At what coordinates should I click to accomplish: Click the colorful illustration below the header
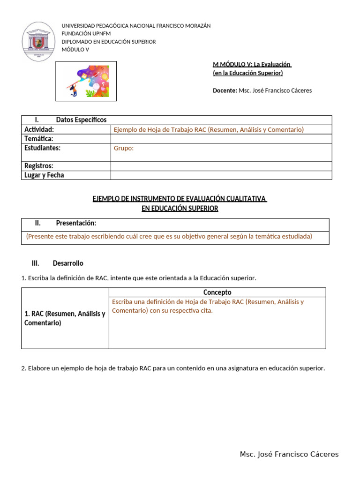pos(86,81)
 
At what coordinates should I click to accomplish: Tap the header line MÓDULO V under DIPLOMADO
pos(75,50)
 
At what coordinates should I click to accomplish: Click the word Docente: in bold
pos(225,90)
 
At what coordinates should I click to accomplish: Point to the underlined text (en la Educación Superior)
pos(247,73)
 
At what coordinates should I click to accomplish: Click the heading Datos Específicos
pos(81,120)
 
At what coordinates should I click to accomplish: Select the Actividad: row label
pos(39,129)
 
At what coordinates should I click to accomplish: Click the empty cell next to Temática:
pos(221,139)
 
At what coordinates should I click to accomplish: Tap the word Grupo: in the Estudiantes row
pos(124,148)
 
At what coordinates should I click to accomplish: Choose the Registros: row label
pos(39,166)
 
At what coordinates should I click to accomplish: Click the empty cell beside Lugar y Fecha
pos(221,175)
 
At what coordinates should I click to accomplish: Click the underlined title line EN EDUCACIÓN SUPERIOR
pos(180,209)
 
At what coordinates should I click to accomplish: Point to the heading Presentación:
pos(76,223)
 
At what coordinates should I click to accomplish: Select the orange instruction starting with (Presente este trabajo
pos(169,236)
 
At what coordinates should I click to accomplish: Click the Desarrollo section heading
pos(68,263)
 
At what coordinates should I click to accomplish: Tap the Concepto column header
pos(217,292)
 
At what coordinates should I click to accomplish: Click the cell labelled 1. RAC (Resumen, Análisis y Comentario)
pos(65,318)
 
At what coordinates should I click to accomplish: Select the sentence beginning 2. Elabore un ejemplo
pos(173,368)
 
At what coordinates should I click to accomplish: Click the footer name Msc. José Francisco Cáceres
pos(289,454)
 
